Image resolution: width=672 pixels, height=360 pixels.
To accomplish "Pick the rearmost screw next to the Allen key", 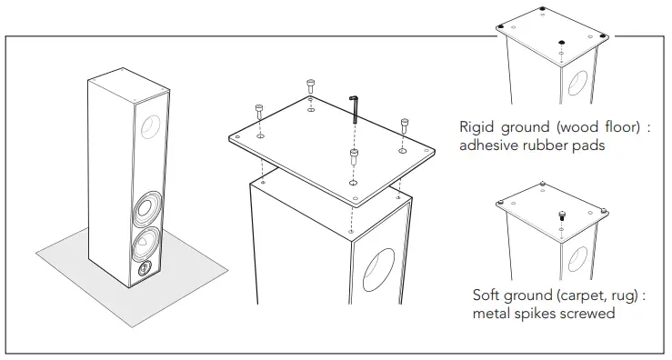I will click(311, 86).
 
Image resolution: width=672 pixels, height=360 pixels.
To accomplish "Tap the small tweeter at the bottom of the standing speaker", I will click(145, 269).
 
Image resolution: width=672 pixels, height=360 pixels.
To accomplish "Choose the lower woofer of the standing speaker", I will click(146, 245).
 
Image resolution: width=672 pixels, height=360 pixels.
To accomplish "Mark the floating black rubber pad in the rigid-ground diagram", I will click(562, 42).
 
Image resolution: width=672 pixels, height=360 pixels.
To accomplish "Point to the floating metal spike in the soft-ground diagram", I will click(561, 216).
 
